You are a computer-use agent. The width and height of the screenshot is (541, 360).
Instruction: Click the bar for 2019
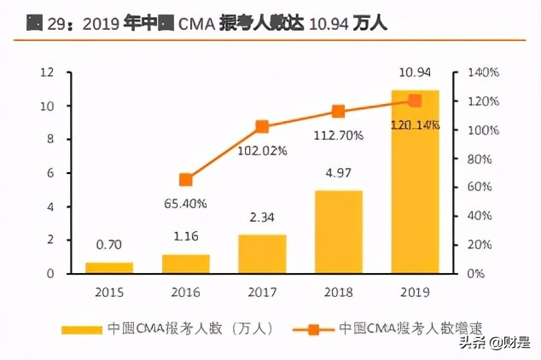[415, 181]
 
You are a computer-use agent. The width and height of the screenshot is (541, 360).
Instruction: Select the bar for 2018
[339, 231]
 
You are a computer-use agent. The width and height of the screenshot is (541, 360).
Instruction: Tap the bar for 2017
[262, 253]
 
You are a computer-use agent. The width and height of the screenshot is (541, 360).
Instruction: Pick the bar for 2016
[185, 264]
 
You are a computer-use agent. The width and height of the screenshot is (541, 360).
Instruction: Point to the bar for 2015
[108, 268]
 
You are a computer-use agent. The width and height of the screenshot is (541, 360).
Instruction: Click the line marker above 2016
[185, 180]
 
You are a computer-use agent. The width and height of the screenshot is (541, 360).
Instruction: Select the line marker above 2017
[262, 127]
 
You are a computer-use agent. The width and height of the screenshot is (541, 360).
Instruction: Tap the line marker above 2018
[338, 112]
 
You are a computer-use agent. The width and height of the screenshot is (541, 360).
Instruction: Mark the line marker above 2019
[415, 101]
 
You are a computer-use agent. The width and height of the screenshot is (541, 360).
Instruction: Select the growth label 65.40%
[185, 204]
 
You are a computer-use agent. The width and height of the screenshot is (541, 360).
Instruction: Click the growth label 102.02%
[263, 150]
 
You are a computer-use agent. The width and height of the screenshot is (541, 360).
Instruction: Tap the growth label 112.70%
[339, 134]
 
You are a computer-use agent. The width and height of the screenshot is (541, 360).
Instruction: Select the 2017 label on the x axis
[262, 290]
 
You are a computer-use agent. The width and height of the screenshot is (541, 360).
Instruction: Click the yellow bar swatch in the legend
[82, 328]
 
